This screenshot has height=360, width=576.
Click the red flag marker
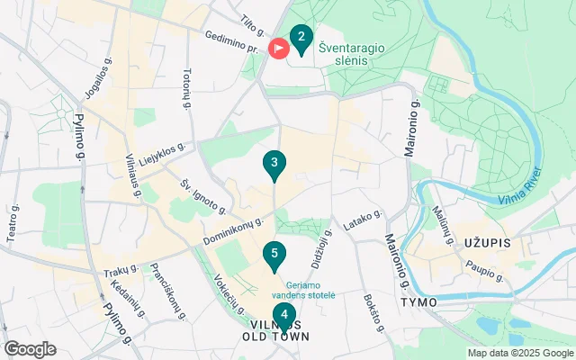(279, 47)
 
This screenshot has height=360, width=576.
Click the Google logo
(30, 349)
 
